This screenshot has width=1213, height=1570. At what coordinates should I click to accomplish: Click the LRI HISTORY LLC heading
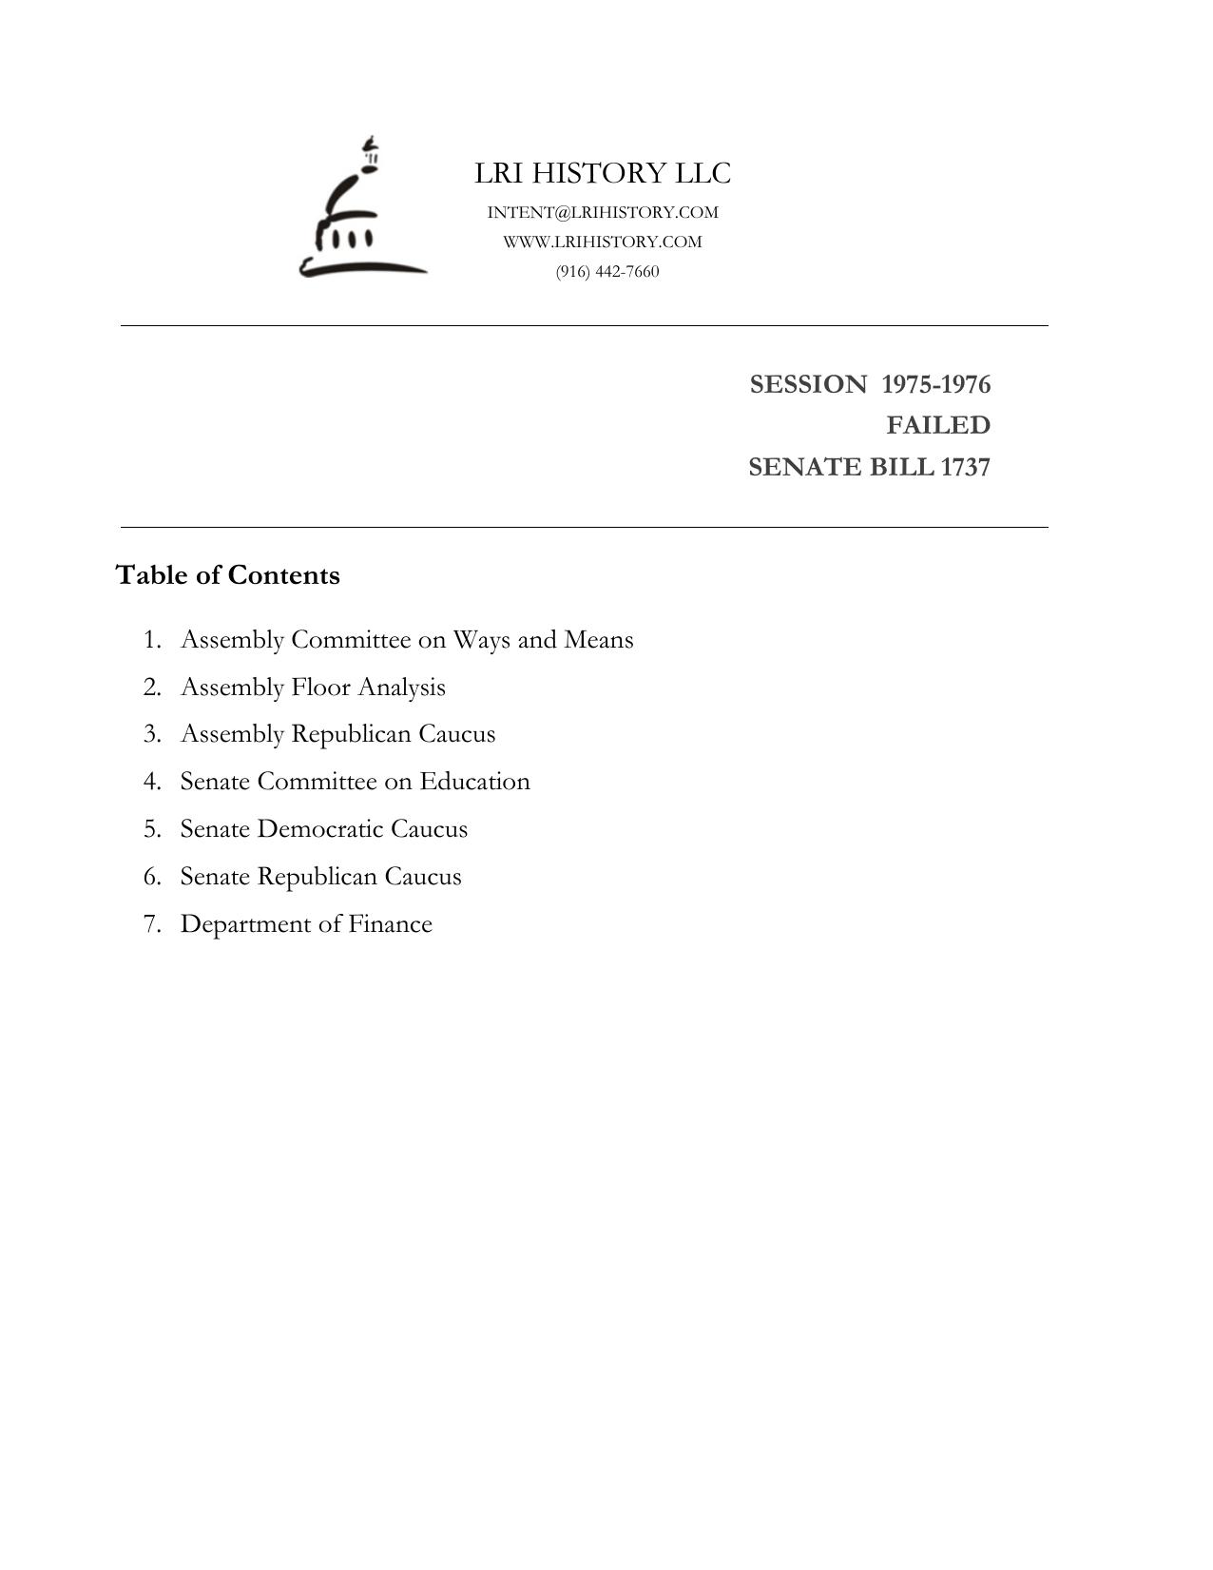tap(603, 173)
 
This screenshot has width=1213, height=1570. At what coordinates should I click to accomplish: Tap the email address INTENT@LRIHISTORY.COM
tap(603, 212)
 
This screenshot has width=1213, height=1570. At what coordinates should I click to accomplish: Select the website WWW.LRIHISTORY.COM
tap(603, 242)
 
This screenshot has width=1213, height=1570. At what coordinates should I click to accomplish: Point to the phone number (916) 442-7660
tap(607, 271)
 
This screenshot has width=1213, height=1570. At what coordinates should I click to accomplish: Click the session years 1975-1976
tap(935, 384)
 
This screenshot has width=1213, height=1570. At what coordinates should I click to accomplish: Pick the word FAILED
tap(938, 425)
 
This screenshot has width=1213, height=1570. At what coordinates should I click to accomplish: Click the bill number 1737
tap(965, 467)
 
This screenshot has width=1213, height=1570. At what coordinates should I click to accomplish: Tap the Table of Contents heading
tap(227, 575)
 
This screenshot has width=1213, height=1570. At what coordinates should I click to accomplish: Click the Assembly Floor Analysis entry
tap(313, 687)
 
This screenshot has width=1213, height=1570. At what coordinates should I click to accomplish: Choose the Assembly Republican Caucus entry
tap(337, 734)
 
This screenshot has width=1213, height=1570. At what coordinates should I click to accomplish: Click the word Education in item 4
tap(474, 781)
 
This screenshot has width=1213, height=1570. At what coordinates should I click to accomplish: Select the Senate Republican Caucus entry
tap(320, 876)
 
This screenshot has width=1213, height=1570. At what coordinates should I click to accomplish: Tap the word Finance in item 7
tap(390, 923)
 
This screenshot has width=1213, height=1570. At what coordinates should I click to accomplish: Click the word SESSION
tap(808, 384)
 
